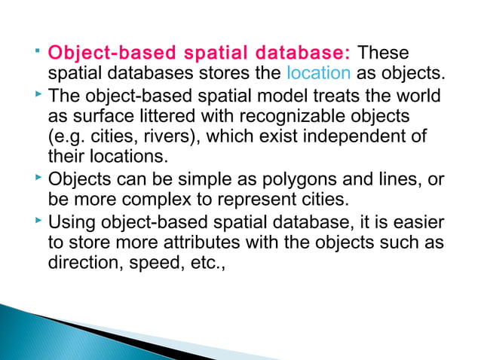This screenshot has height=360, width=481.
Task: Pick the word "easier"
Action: click(416, 224)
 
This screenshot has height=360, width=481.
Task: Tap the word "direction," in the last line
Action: click(82, 263)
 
